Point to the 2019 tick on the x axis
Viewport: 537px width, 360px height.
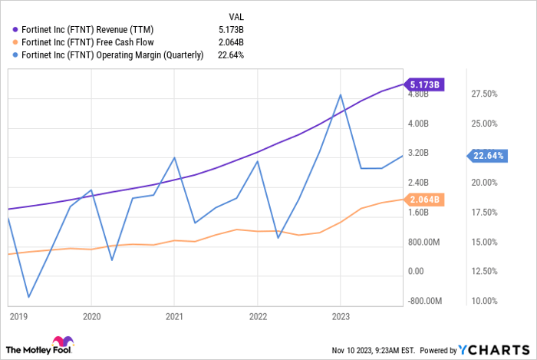click(18, 315)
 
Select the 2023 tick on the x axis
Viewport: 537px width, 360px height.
click(341, 315)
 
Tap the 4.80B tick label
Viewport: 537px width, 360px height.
click(418, 94)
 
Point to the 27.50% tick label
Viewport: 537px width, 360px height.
click(484, 94)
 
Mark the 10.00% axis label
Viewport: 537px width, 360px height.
click(484, 301)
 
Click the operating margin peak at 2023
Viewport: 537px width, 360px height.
click(341, 94)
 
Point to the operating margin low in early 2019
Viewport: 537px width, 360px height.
click(28, 297)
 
